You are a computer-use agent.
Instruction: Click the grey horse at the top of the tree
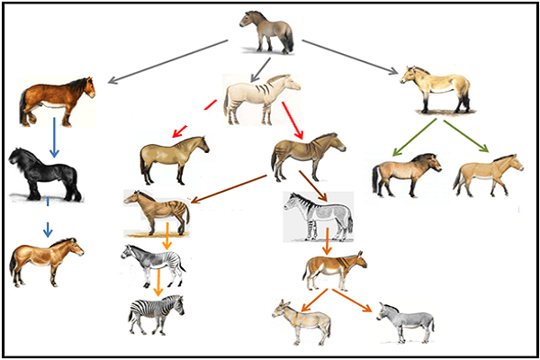266,31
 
